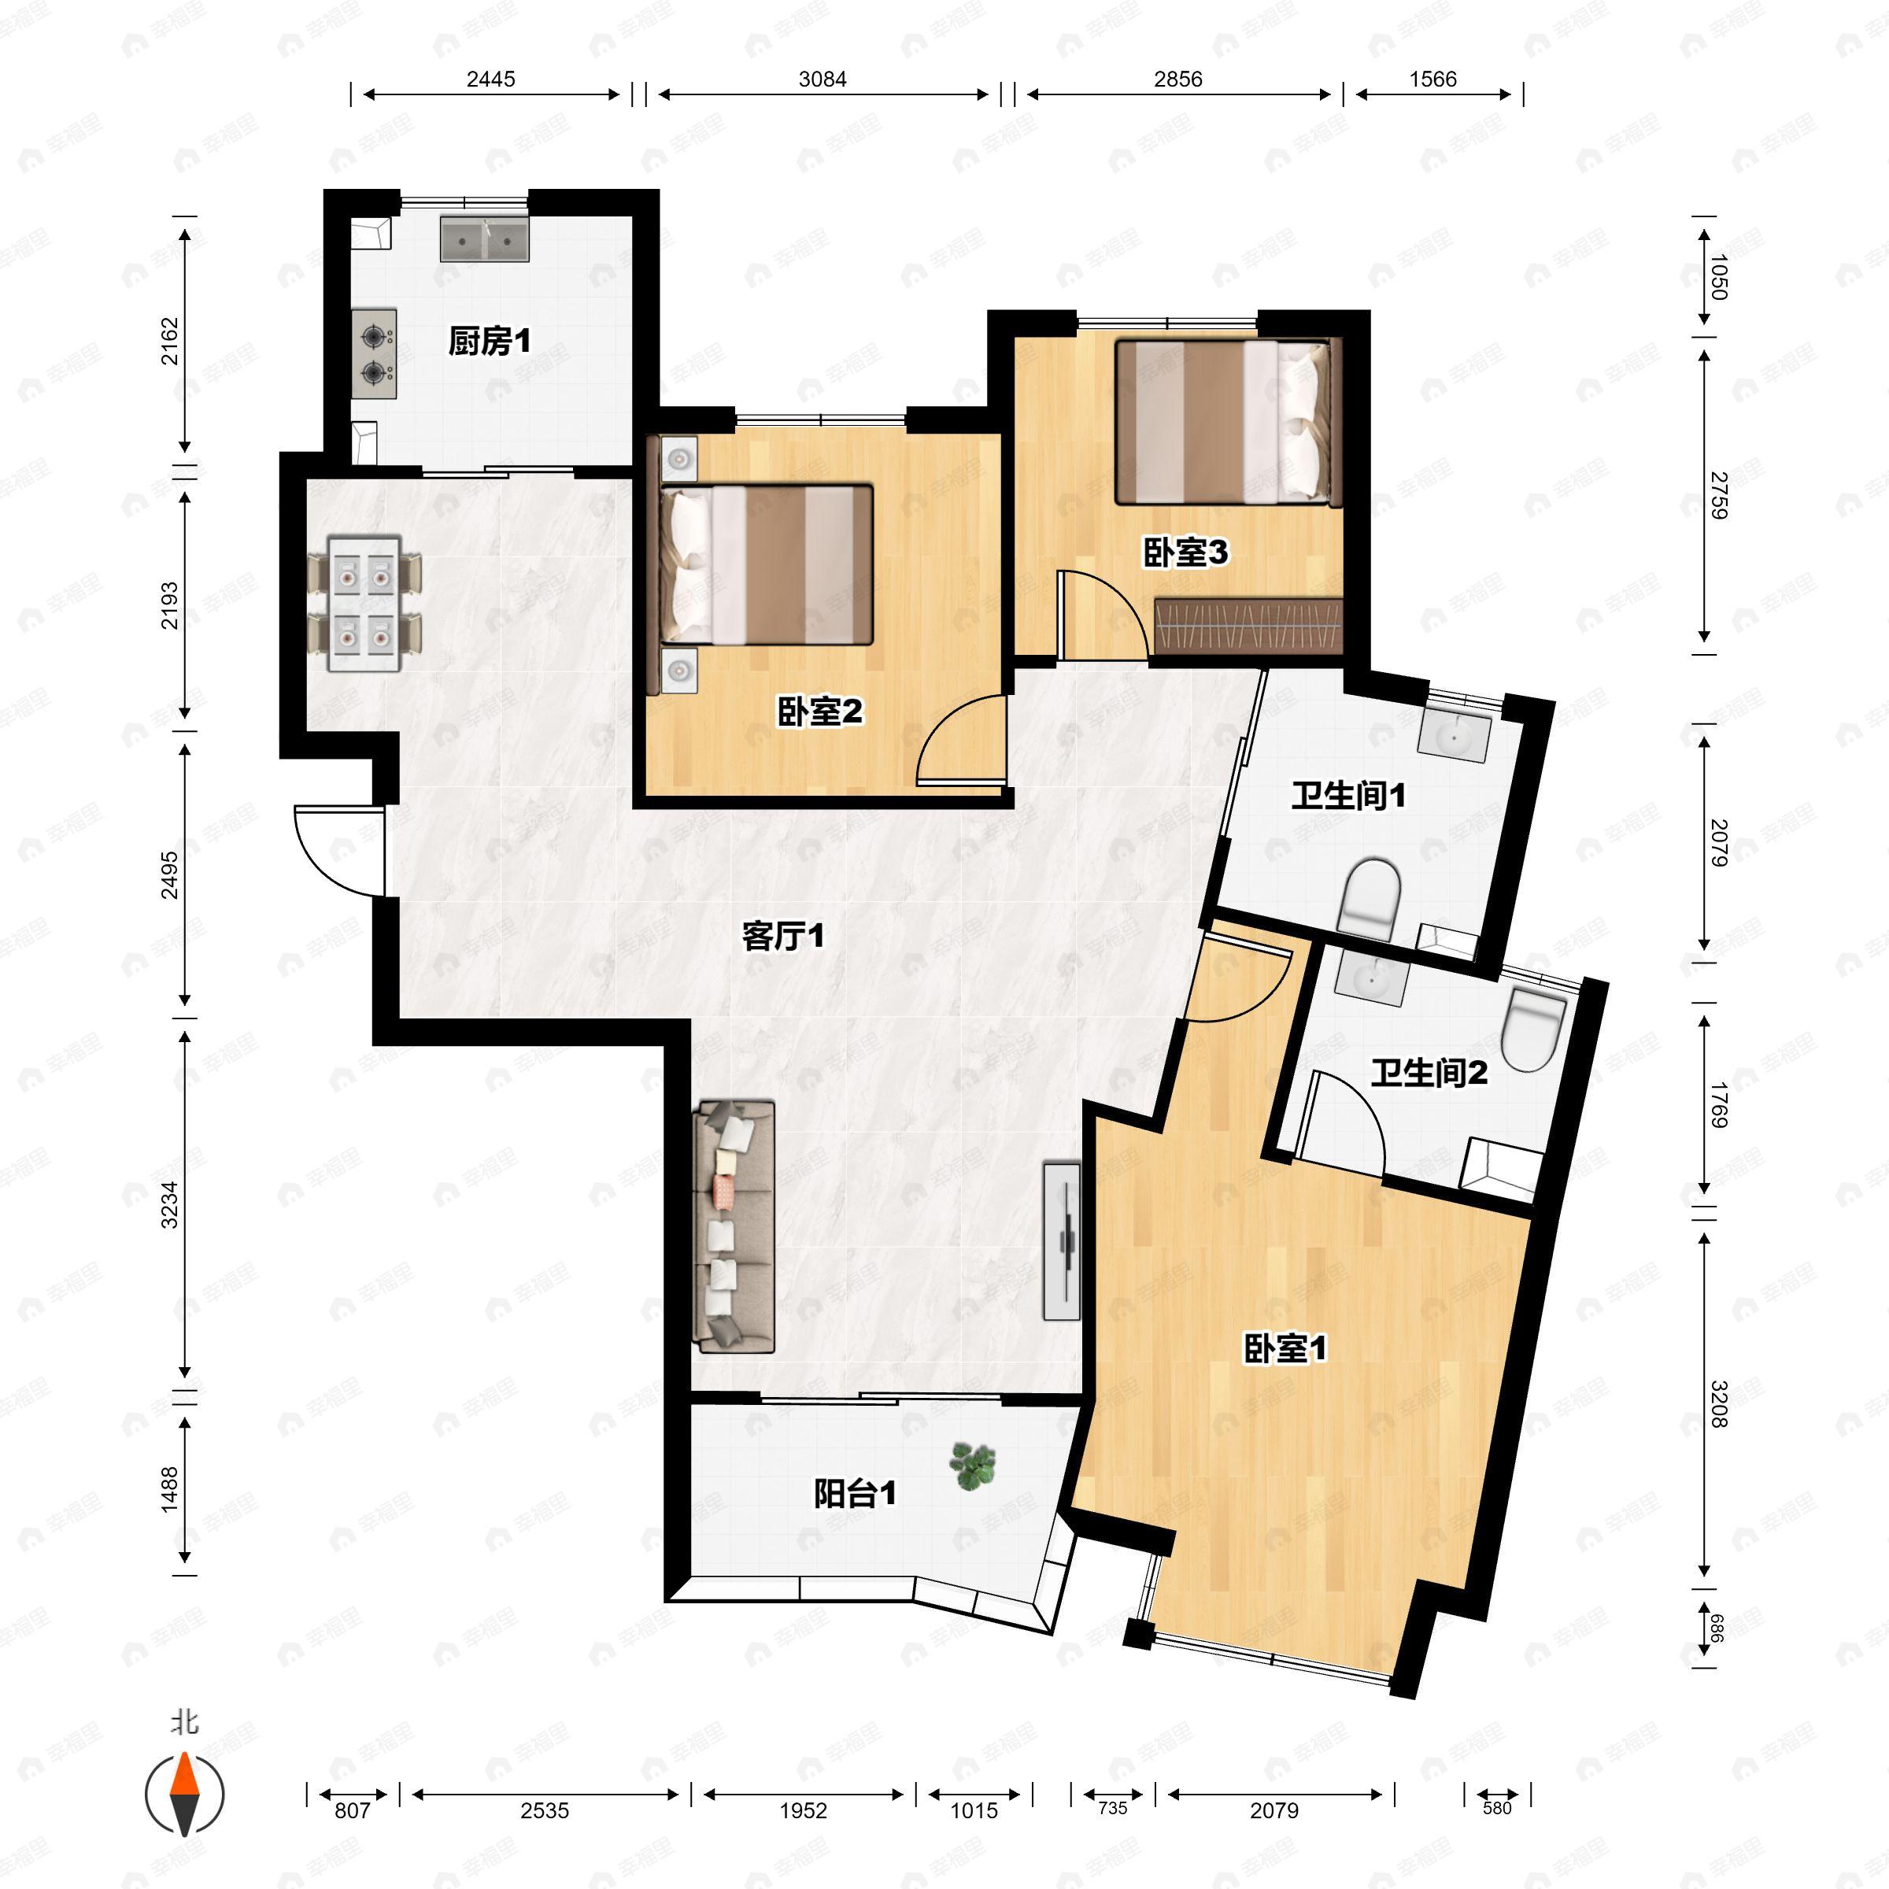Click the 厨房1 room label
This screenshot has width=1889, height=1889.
[x=490, y=342]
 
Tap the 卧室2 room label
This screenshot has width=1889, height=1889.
[x=819, y=712]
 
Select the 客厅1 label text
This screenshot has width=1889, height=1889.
[x=782, y=937]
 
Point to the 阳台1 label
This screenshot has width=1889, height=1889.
[x=856, y=1493]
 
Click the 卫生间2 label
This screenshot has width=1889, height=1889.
[x=1429, y=1074]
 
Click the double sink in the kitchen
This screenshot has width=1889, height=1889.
[x=484, y=238]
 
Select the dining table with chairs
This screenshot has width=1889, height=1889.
[x=364, y=603]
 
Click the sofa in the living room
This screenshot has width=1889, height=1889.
[x=734, y=1227]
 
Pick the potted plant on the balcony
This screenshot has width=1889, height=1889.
[x=972, y=1466]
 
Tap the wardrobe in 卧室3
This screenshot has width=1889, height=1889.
[x=1248, y=627]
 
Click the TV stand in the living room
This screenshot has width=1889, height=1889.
[x=1062, y=1240]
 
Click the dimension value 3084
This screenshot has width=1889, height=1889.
[x=823, y=79]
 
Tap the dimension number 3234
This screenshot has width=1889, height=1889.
[x=170, y=1204]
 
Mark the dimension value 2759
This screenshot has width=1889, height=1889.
[x=1719, y=496]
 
